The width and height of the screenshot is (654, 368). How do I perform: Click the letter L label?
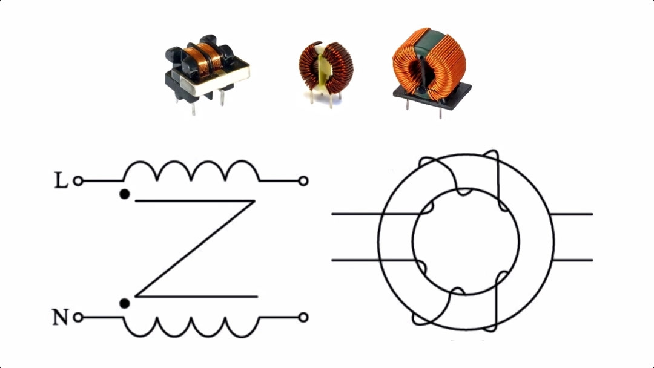61,181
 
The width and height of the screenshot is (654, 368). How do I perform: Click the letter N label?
60,317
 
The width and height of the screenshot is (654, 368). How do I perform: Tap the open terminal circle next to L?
78,181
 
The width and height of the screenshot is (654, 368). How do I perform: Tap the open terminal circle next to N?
78,318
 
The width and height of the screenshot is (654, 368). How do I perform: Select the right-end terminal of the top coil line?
303,181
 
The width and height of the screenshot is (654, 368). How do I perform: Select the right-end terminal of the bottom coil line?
303,318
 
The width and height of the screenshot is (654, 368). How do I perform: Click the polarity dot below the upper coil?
124,194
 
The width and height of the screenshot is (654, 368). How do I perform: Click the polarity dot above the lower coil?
124,304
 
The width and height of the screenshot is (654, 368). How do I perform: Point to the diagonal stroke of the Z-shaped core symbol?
195,249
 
